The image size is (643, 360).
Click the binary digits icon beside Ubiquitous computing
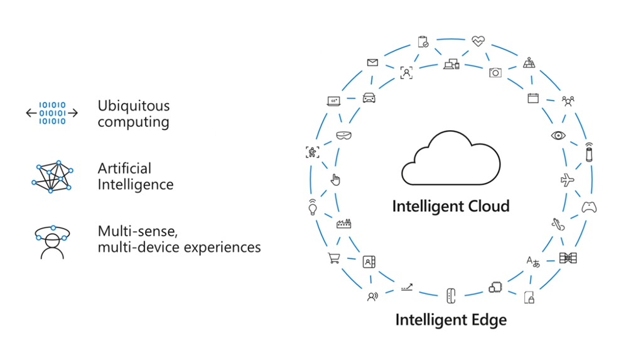pyautogui.click(x=52, y=113)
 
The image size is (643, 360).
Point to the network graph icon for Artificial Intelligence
pyautogui.click(x=52, y=177)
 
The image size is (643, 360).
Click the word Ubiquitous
pyautogui.click(x=133, y=106)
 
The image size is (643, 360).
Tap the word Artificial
pyautogui.click(x=124, y=168)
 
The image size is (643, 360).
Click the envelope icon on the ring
pyautogui.click(x=372, y=62)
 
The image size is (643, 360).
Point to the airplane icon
pyautogui.click(x=567, y=180)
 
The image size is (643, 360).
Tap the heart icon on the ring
pyautogui.click(x=478, y=41)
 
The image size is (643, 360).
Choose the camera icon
pyautogui.click(x=495, y=73)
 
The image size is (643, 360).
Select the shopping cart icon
pyautogui.click(x=333, y=258)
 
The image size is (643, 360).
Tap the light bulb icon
pyautogui.click(x=311, y=207)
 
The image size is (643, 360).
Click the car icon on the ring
pyautogui.click(x=369, y=98)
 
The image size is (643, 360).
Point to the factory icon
pyautogui.click(x=343, y=224)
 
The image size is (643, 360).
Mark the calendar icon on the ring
pyautogui.click(x=533, y=98)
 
